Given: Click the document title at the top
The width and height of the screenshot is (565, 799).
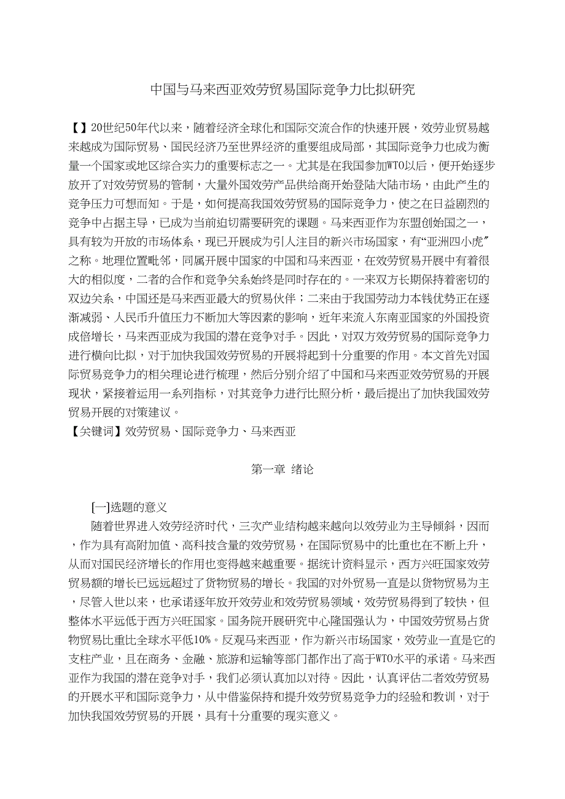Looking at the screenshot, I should pyautogui.click(x=282, y=90).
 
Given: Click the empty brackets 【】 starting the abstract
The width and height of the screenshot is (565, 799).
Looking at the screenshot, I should pyautogui.click(x=80, y=128).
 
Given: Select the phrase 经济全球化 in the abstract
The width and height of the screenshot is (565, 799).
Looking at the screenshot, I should pyautogui.click(x=249, y=128).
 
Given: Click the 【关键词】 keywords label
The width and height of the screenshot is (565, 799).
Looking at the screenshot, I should pyautogui.click(x=97, y=431).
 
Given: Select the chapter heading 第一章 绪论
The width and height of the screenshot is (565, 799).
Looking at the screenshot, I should pyautogui.click(x=282, y=469).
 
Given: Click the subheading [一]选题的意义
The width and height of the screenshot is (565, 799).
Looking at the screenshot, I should pyautogui.click(x=128, y=507).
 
